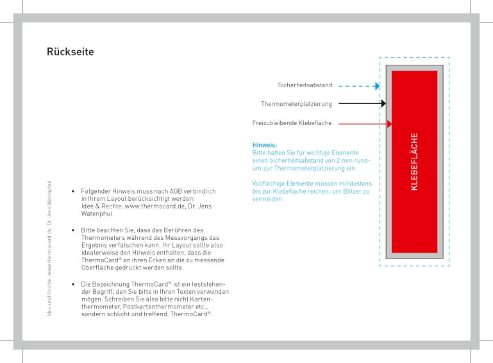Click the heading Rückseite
click(71, 51)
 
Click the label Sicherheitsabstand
click(305, 85)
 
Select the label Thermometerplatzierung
click(296, 104)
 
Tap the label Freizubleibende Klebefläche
click(292, 123)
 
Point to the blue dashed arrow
click(358, 85)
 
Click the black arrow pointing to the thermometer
click(362, 103)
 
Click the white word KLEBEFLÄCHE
click(414, 162)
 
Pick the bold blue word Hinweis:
click(265, 145)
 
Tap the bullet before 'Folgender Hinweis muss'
click(74, 191)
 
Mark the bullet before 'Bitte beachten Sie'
click(74, 230)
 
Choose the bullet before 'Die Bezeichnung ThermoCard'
click(74, 283)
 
